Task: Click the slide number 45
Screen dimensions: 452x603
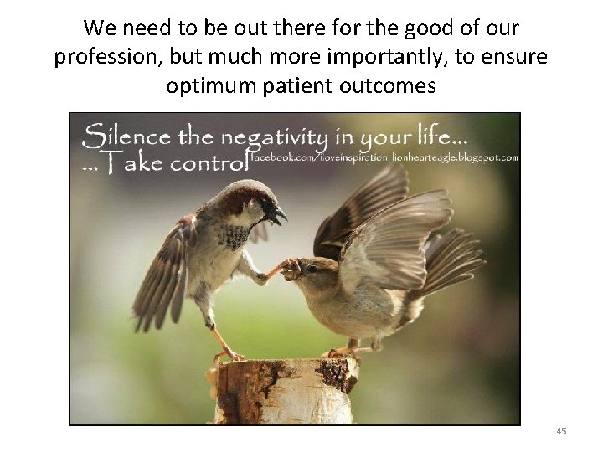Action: point(561,430)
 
